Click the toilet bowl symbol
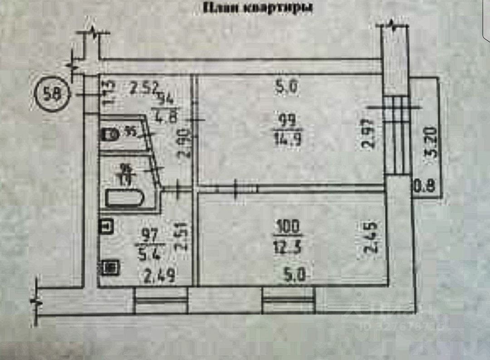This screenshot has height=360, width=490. tap(108, 135)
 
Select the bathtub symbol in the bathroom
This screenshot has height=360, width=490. tap(125, 198)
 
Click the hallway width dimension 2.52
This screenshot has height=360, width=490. tap(141, 86)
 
